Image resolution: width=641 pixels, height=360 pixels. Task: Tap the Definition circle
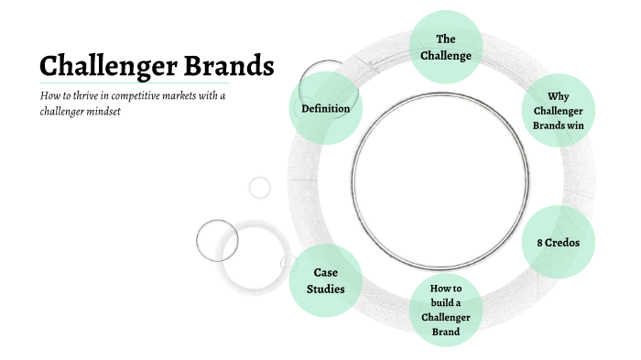[326, 108]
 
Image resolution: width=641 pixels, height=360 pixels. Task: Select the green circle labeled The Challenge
[446, 48]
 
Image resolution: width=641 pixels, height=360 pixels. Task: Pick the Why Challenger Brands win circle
[558, 110]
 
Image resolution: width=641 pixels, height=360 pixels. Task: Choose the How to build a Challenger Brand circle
[446, 310]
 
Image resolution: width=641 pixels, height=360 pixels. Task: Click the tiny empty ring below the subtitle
[260, 187]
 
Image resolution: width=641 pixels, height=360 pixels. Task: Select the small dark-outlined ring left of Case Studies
[217, 241]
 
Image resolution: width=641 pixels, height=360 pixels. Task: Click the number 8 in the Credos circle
[539, 243]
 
